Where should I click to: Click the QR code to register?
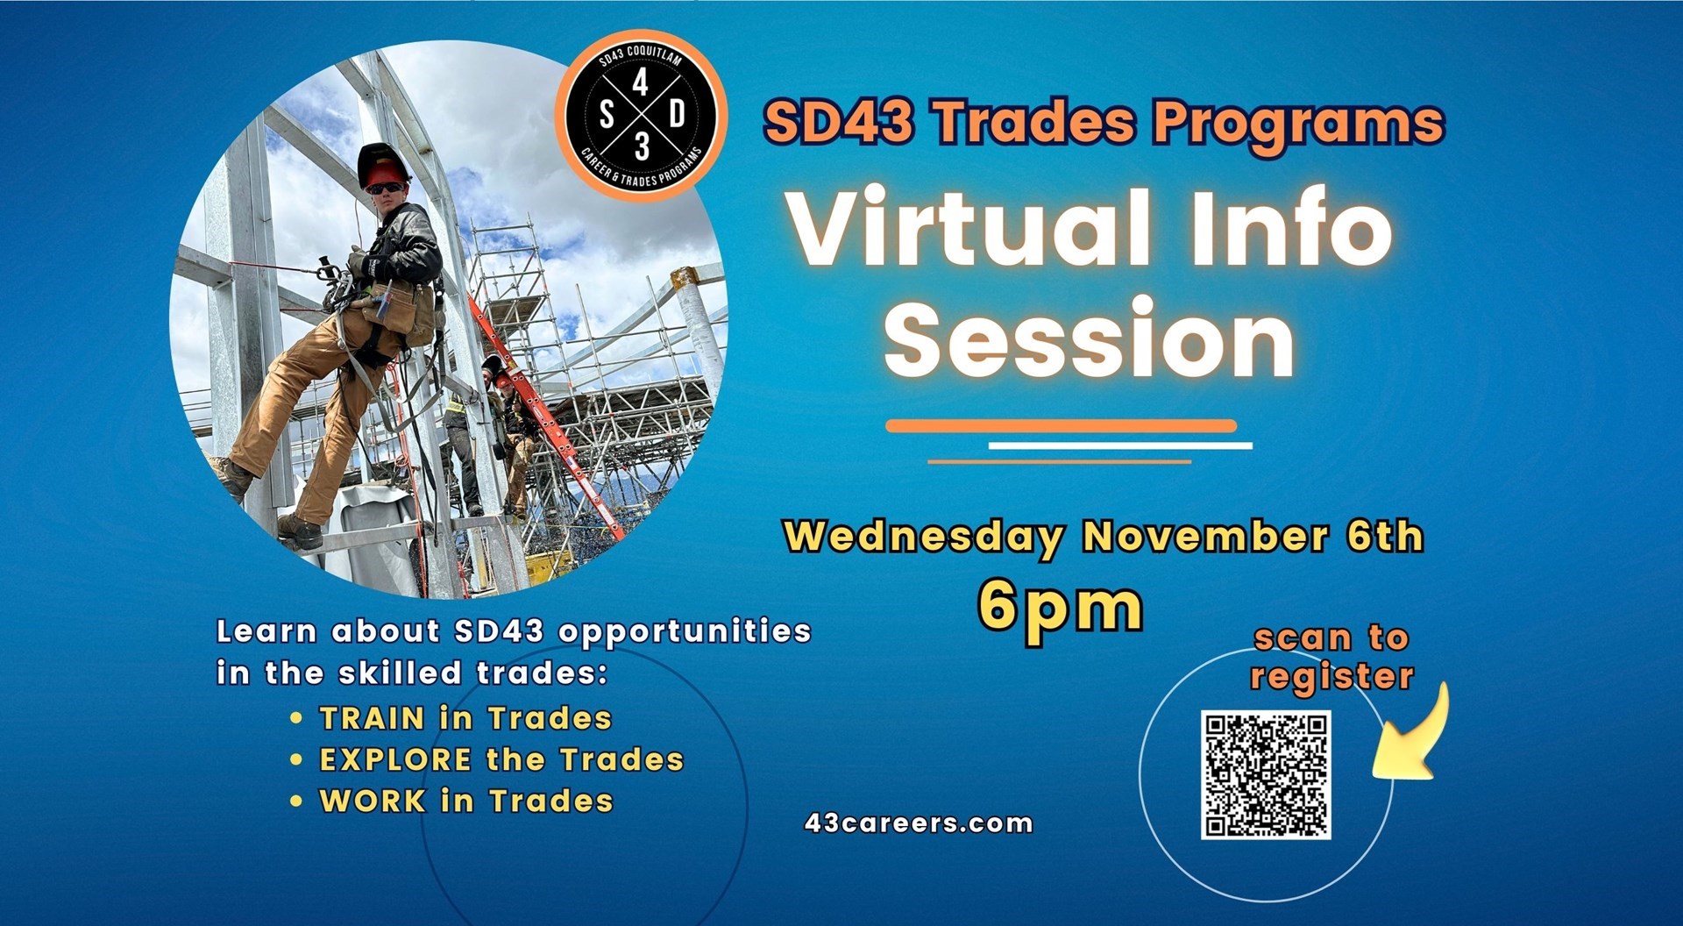pos(1265,775)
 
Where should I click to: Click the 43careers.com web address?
pos(919,823)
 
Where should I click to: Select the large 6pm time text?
pos(1061,607)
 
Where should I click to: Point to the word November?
pos(1205,536)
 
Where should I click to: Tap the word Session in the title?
pos(1090,338)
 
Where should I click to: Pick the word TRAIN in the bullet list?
pos(373,718)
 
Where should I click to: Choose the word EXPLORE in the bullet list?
pos(396,759)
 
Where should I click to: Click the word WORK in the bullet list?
pos(373,801)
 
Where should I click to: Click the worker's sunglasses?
pos(386,188)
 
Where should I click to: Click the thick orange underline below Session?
pos(1061,426)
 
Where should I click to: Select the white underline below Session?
pos(1120,445)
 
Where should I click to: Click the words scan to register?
pos(1331,657)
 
